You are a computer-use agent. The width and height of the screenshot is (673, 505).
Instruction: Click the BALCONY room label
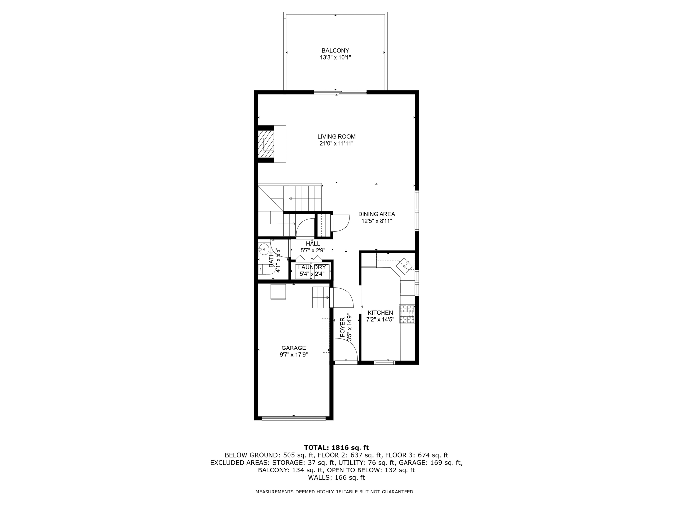pyautogui.click(x=335, y=51)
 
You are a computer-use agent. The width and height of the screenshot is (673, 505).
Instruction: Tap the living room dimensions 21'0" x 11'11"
pyautogui.click(x=336, y=144)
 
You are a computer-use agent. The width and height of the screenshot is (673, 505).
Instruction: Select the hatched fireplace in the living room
pyautogui.click(x=266, y=144)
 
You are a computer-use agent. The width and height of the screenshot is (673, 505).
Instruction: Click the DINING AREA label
pyautogui.click(x=376, y=214)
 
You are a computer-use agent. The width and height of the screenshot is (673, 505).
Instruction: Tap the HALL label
pyautogui.click(x=313, y=244)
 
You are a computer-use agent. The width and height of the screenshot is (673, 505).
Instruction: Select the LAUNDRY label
pyautogui.click(x=312, y=267)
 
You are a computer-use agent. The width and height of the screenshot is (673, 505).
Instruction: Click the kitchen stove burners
pyautogui.click(x=407, y=314)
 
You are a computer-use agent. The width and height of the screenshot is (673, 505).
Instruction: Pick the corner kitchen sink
pyautogui.click(x=405, y=265)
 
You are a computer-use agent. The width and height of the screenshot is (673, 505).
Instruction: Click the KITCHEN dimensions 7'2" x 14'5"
pyautogui.click(x=380, y=319)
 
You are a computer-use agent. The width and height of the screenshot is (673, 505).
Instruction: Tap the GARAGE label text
pyautogui.click(x=293, y=348)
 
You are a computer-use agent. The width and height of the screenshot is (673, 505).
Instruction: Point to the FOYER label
pyautogui.click(x=342, y=327)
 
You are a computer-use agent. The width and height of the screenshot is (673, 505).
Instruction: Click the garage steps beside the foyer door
pyautogui.click(x=320, y=297)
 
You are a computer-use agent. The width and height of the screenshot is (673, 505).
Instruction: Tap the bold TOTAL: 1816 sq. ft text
pyautogui.click(x=336, y=447)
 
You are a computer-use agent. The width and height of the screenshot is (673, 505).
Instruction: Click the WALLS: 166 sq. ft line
pyautogui.click(x=336, y=478)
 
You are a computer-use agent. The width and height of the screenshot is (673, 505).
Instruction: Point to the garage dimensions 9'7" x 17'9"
pyautogui.click(x=293, y=355)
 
